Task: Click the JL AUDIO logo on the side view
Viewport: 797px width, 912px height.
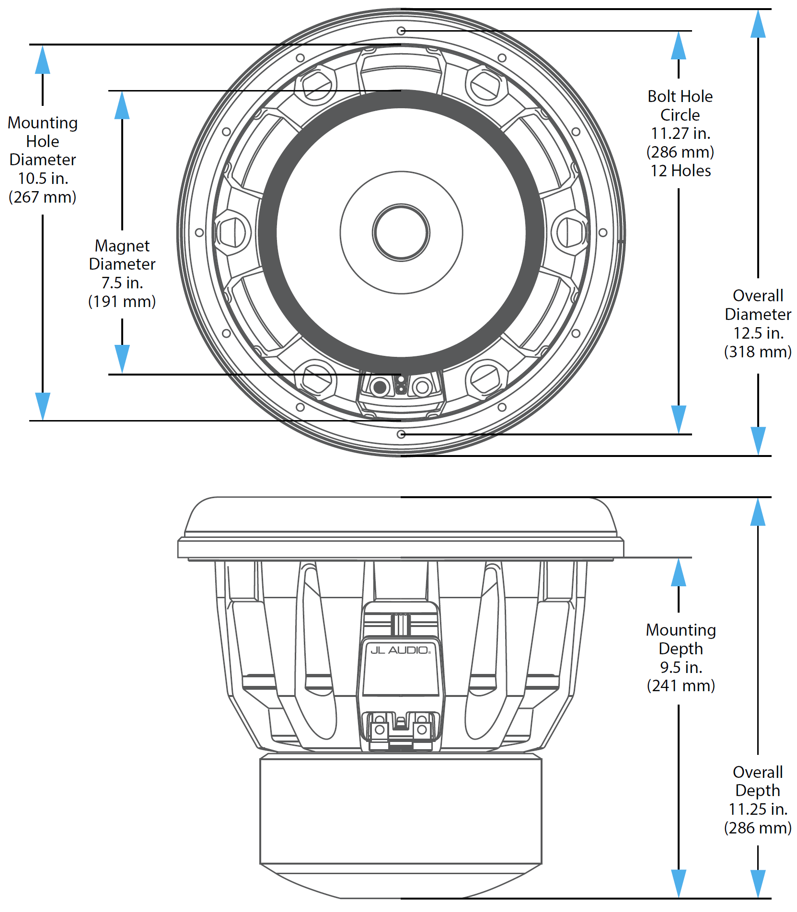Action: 400,650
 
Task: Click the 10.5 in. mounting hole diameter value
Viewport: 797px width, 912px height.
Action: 43,178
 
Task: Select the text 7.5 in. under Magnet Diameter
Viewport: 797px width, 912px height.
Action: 122,283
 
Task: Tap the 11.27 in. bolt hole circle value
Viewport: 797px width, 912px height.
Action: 680,133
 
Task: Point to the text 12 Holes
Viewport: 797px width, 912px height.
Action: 680,171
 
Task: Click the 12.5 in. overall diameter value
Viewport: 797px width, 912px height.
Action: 758,333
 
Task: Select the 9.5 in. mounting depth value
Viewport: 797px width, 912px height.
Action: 681,667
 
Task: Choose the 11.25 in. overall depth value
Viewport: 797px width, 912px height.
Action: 758,809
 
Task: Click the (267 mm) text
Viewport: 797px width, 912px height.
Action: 43,197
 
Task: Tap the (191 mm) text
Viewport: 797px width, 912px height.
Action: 122,301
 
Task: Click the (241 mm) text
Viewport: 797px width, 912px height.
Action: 681,685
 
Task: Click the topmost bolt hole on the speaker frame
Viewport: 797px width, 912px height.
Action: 401,31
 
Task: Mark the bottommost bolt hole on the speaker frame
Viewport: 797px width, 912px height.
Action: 401,434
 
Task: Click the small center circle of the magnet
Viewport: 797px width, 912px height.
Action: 401,233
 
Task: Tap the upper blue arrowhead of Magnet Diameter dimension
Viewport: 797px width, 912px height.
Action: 122,105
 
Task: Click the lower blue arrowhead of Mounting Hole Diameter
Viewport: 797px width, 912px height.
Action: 43,406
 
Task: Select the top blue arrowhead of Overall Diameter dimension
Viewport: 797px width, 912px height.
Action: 758,24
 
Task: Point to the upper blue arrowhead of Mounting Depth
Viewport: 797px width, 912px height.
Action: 678,572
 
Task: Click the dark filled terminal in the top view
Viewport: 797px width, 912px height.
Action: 380,387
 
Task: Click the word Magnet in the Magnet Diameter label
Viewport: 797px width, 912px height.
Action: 122,246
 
